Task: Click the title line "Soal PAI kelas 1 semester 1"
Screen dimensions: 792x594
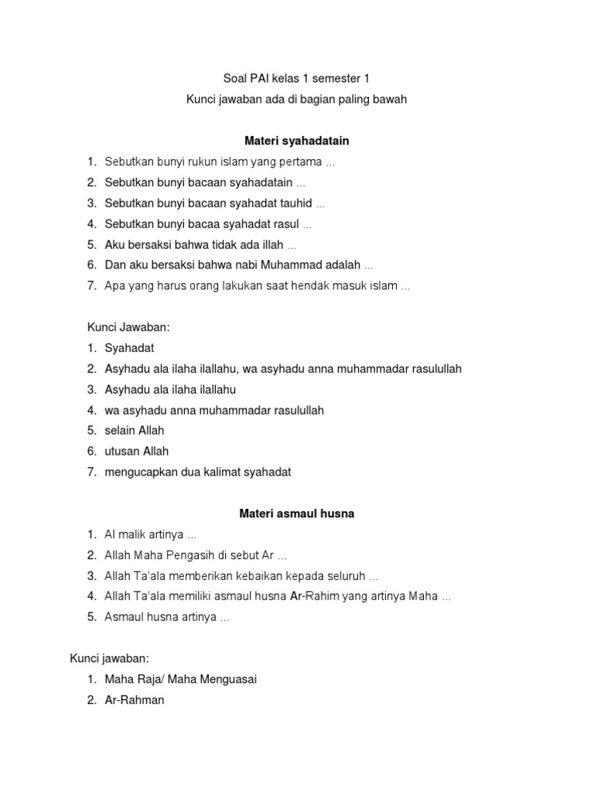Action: (x=297, y=78)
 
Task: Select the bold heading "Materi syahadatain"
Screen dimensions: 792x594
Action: (x=297, y=141)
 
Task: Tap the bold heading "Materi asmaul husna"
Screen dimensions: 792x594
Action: (x=297, y=513)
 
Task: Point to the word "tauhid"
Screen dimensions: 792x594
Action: (x=295, y=203)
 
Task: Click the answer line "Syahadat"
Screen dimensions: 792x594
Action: (x=129, y=348)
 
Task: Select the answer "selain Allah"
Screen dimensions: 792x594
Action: (x=135, y=430)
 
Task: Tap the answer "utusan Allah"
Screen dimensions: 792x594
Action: (x=137, y=451)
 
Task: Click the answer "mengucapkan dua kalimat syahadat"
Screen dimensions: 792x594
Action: (x=198, y=472)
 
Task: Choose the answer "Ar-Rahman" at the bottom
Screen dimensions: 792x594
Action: (x=135, y=700)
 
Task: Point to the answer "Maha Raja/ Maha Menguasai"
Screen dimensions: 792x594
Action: (x=180, y=679)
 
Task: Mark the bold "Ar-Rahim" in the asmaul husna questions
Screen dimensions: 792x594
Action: (x=310, y=596)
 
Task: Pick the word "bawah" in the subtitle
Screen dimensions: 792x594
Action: (x=389, y=99)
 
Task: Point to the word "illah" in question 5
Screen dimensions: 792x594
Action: (x=271, y=244)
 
